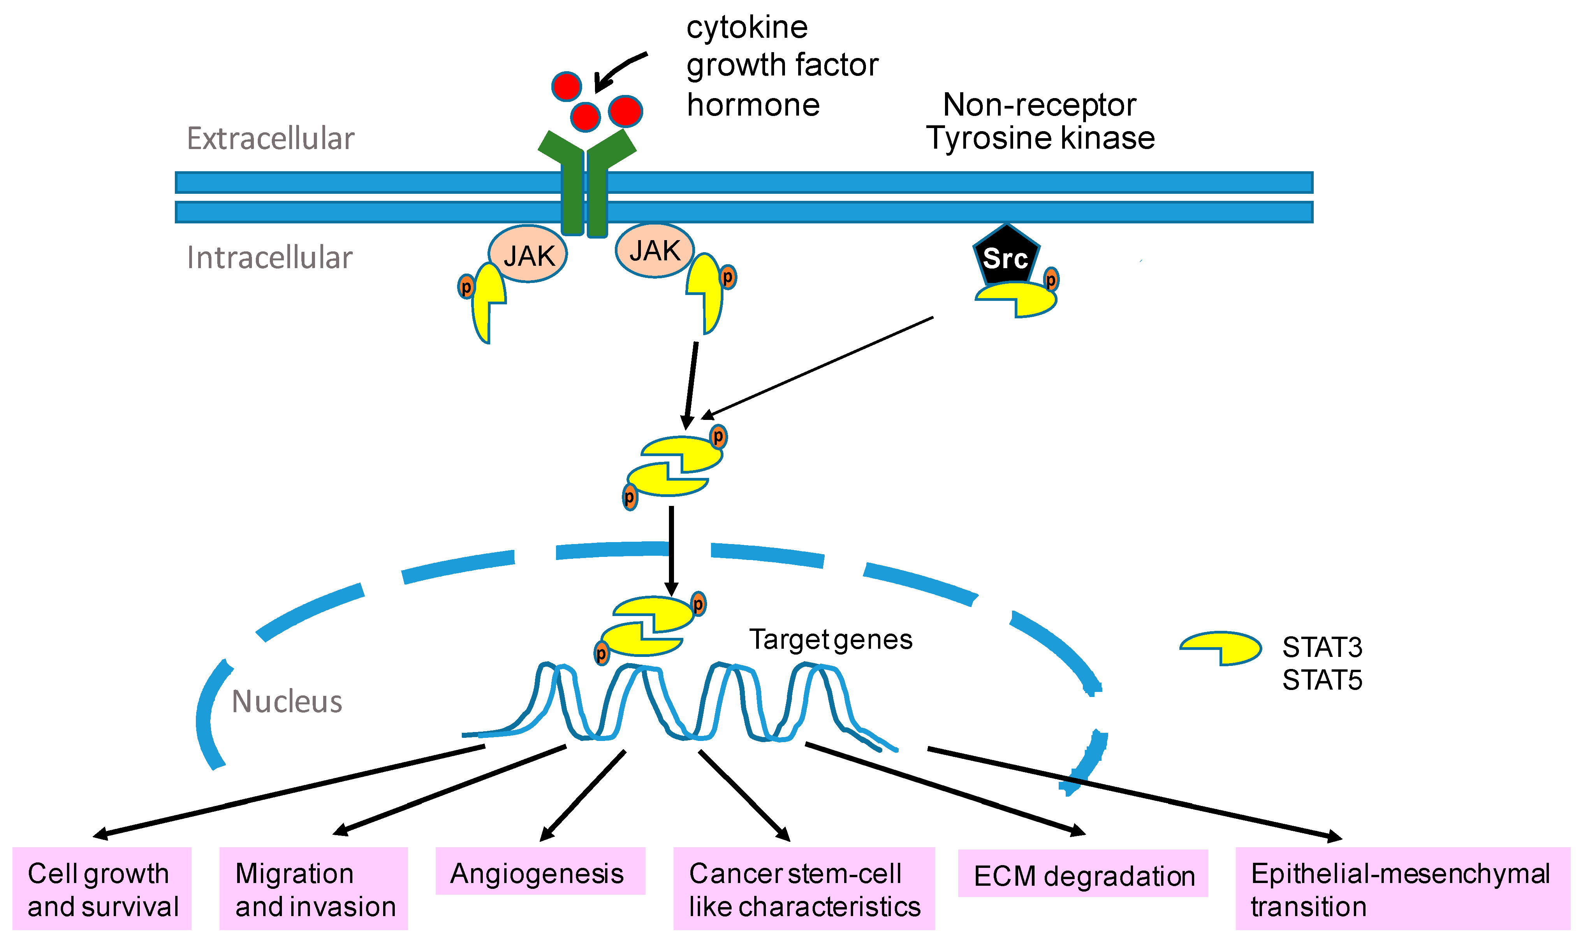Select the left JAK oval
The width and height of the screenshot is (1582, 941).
coord(527,254)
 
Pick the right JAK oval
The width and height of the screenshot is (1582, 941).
coord(654,251)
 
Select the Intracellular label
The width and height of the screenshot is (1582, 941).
coord(269,258)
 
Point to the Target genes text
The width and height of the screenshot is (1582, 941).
coord(831,640)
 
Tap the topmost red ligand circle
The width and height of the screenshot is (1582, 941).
coord(566,86)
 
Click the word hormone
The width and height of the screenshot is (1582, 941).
coord(753,105)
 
